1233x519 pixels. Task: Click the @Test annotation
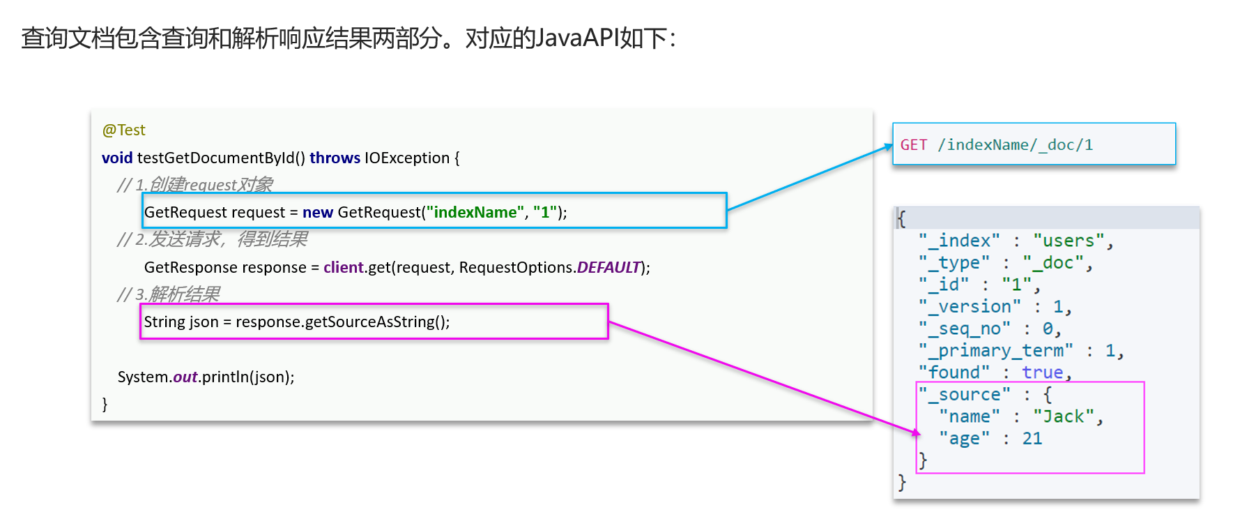pos(123,130)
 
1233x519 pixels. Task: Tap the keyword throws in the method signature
pos(335,158)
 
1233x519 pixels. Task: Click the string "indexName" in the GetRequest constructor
pos(475,212)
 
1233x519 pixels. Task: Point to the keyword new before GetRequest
pos(317,212)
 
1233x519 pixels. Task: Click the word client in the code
pos(343,267)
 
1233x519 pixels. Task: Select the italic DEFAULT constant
pos(608,267)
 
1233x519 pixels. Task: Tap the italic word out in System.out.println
pos(185,377)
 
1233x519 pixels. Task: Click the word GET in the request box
pos(913,145)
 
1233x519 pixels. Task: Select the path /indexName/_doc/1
pos(1015,145)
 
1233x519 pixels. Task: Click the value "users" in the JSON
pos(1069,241)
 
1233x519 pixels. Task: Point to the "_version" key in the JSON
pos(970,307)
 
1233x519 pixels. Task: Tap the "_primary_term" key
pos(995,351)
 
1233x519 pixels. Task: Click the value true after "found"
pos(1042,373)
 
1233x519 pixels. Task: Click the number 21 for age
pos(1032,439)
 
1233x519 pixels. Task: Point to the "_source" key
pos(965,395)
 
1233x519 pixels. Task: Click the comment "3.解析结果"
pos(177,294)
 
